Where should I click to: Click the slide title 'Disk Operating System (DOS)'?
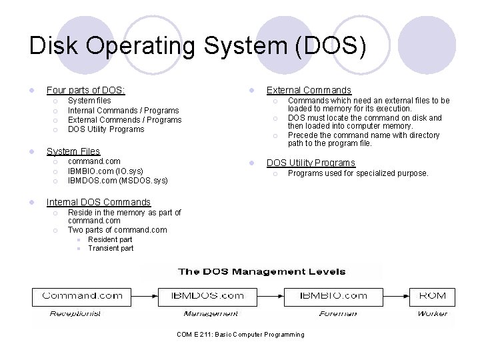pos(197,47)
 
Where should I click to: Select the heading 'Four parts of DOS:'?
pos(85,90)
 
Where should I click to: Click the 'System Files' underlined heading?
pos(73,151)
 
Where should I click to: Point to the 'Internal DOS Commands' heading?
pos(98,202)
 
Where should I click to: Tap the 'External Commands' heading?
pos(309,90)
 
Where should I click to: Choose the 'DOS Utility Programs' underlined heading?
pos(311,163)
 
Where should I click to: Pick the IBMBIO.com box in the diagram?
pos(333,295)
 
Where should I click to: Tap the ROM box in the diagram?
pos(432,295)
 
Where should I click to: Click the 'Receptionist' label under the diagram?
pos(75,313)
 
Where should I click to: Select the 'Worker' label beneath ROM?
pos(432,313)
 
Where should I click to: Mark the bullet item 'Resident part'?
pos(110,239)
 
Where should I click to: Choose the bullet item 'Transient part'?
pos(111,248)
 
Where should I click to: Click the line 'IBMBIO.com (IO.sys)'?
pos(105,171)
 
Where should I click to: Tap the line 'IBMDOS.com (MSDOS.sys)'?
pos(117,180)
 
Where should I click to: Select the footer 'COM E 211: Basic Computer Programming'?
pos(240,335)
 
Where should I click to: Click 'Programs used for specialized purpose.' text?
pos(358,173)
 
